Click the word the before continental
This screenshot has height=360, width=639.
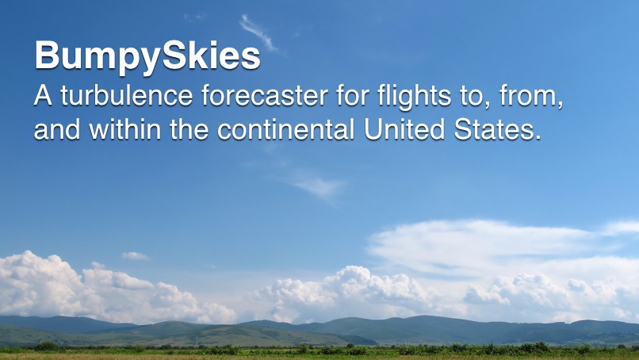[191, 128]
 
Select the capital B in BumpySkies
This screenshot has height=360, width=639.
[48, 56]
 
